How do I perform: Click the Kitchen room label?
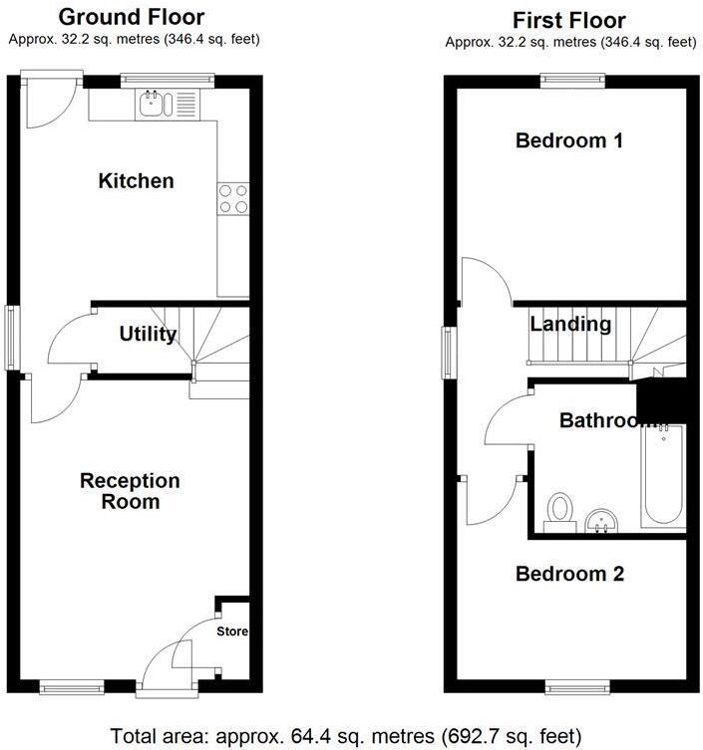click(136, 181)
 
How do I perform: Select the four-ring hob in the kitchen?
click(233, 199)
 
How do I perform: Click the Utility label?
click(148, 335)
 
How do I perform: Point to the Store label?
click(233, 631)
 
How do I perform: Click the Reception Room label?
click(131, 491)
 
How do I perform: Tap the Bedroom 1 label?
click(569, 141)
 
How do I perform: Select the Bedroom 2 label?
click(569, 575)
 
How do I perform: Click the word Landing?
click(570, 325)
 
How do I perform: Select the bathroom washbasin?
click(601, 518)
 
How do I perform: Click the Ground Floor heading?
click(131, 17)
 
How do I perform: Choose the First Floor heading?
click(569, 20)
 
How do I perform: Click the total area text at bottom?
click(344, 737)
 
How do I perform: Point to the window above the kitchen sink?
click(168, 77)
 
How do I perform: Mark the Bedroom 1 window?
click(572, 79)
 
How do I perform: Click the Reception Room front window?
click(72, 685)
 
